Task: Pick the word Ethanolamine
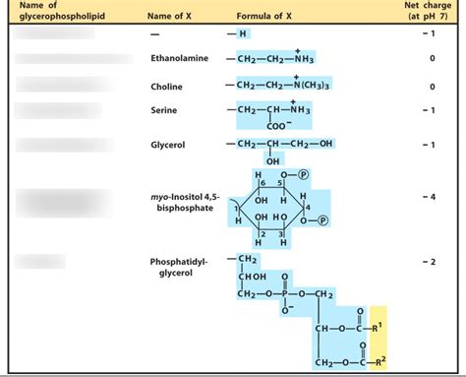(179, 58)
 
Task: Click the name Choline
(166, 86)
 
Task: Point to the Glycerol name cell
(167, 145)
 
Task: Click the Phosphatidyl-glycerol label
(171, 268)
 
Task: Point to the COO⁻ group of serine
(280, 125)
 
